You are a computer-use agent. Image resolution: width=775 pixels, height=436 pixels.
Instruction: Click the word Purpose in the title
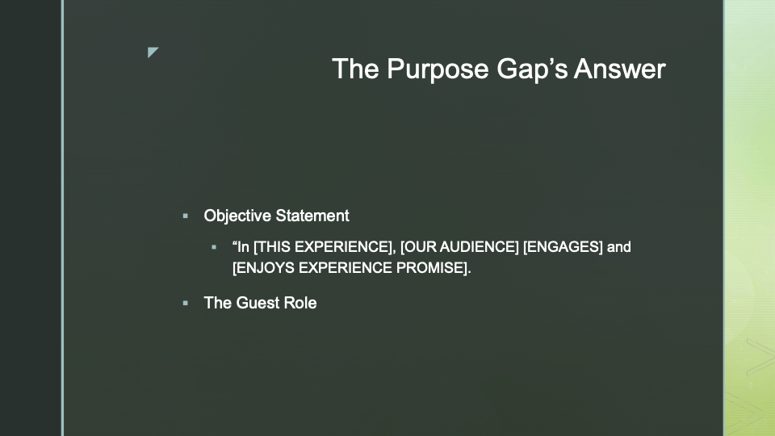click(438, 69)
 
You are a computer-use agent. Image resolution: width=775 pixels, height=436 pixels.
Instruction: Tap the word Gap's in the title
click(532, 69)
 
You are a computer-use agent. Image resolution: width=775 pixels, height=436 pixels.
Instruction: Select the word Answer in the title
click(620, 69)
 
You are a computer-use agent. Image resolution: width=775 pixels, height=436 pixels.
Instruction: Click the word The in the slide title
click(355, 69)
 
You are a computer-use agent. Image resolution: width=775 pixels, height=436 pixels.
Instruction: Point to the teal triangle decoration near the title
click(152, 52)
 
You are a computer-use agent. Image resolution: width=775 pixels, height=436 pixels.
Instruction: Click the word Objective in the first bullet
click(237, 216)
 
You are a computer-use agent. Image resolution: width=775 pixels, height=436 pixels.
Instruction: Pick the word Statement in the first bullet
click(312, 216)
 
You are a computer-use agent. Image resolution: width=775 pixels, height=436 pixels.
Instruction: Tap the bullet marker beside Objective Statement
click(186, 216)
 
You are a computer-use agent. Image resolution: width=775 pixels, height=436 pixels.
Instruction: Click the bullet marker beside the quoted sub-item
click(214, 247)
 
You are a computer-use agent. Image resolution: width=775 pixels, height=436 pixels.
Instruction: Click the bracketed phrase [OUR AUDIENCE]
click(459, 247)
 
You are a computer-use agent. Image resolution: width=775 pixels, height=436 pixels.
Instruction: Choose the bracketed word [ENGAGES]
click(563, 247)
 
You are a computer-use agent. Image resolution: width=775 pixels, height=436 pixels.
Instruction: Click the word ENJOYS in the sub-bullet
click(263, 268)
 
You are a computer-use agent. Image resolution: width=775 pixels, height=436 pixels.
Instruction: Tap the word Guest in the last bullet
click(257, 303)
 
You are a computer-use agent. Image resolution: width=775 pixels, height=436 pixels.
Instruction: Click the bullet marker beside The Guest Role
click(186, 303)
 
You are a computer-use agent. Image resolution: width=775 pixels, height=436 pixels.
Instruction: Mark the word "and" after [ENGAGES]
click(619, 247)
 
